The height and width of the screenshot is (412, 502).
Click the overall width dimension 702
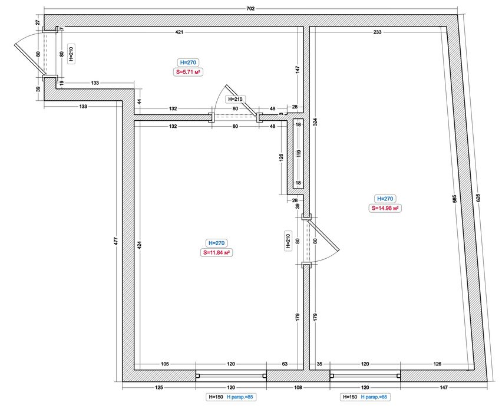point(250,9)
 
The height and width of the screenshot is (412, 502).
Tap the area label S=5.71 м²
point(188,72)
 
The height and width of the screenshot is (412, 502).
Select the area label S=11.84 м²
point(216,252)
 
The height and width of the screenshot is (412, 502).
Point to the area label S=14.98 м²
point(385,208)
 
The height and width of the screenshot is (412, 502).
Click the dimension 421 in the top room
point(179,32)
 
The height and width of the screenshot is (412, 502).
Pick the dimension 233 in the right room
point(377,32)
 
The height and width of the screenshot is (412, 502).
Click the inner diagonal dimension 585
point(454,199)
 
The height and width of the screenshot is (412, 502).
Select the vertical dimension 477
point(116,241)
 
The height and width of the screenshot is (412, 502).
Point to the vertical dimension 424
point(139,245)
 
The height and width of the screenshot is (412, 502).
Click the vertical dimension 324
point(315,122)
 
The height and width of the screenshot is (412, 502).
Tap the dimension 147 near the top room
point(298,70)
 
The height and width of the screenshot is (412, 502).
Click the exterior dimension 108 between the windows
point(298,387)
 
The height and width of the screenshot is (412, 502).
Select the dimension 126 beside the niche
point(282,157)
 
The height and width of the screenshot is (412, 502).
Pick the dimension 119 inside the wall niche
point(298,154)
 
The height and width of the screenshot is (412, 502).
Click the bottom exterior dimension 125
point(159,387)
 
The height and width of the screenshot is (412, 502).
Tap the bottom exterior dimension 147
point(444,387)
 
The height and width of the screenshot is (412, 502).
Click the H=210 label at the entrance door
point(71,54)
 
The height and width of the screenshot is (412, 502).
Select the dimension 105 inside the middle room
point(164,364)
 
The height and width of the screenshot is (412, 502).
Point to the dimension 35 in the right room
point(319,364)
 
